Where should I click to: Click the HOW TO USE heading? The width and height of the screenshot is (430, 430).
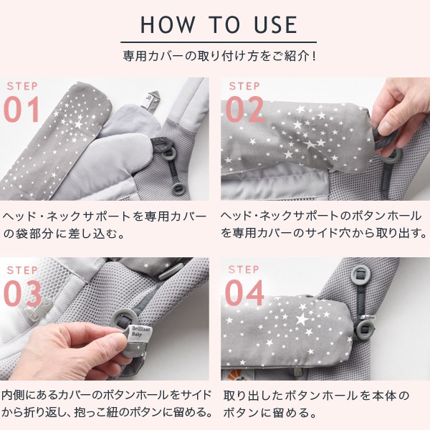tap(219, 24)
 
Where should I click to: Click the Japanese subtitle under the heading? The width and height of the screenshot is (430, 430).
tap(219, 54)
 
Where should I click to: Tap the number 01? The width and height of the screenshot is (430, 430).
tap(23, 110)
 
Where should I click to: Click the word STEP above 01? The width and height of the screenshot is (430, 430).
tap(21, 87)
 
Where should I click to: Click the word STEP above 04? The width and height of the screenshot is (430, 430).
tap(244, 269)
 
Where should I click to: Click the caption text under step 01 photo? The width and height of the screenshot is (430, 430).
tap(105, 224)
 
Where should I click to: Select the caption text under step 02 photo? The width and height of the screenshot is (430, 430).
tap(324, 224)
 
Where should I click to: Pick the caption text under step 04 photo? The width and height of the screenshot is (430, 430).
tap(317, 404)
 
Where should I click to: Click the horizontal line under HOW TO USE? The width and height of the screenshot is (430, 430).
tap(219, 42)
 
